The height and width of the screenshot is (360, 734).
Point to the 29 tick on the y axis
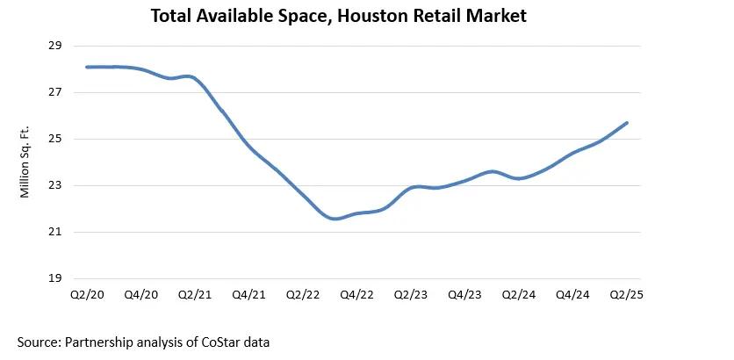(54, 46)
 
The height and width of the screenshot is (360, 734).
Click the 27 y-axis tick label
(54, 92)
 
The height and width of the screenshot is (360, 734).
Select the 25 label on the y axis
(54, 139)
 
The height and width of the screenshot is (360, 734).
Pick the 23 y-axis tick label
(54, 185)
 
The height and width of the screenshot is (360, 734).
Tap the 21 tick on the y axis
(54, 232)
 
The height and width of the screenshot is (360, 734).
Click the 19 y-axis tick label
(54, 278)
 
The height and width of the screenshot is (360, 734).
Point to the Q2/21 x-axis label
(194, 296)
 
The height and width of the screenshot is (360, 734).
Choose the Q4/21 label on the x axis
(248, 296)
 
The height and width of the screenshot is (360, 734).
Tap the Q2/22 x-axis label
(303, 296)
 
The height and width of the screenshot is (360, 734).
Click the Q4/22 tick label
(356, 296)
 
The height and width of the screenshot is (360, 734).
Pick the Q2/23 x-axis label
(411, 296)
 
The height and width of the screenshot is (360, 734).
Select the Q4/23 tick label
(465, 296)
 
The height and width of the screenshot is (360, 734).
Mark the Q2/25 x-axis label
(627, 296)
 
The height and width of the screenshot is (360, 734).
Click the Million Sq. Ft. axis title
(25, 162)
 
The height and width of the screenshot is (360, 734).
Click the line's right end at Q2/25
(627, 123)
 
